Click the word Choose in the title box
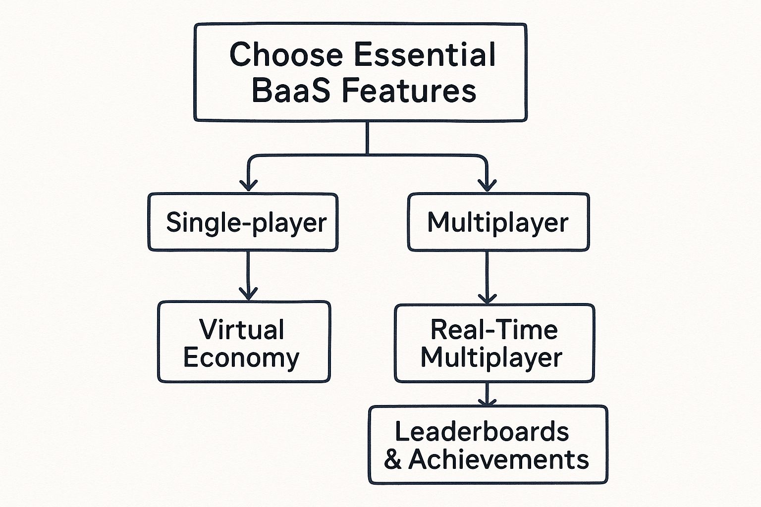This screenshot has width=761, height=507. [x=286, y=54]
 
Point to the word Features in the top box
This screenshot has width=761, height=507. [x=409, y=91]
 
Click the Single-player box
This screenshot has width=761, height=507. [x=243, y=222]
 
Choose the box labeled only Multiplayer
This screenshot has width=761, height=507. [x=498, y=222]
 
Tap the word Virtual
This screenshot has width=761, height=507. [x=242, y=329]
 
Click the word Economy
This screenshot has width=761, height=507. [x=241, y=357]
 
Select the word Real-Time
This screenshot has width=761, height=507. [x=494, y=329]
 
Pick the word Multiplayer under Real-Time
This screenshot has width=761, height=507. [x=491, y=357]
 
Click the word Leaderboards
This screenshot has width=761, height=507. [x=482, y=431]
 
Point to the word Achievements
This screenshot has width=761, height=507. [x=498, y=459]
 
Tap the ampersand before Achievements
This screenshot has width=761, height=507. [x=392, y=460]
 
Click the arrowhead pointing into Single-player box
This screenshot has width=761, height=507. [x=248, y=186]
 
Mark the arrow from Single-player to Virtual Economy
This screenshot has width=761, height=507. [x=248, y=275]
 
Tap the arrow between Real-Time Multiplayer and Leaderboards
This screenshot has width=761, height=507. [x=487, y=394]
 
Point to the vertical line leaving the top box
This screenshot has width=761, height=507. [x=367, y=138]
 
